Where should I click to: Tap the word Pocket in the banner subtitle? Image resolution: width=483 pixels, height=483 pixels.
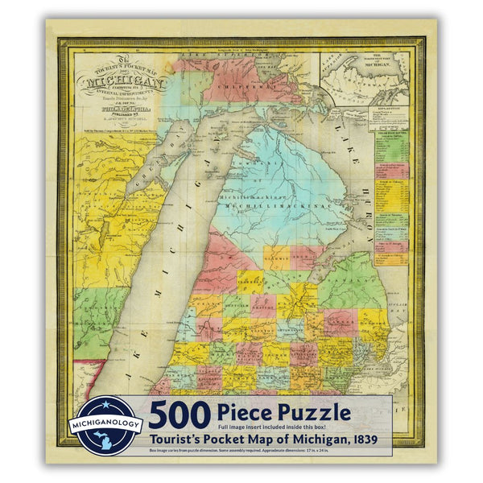pos(240,440)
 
